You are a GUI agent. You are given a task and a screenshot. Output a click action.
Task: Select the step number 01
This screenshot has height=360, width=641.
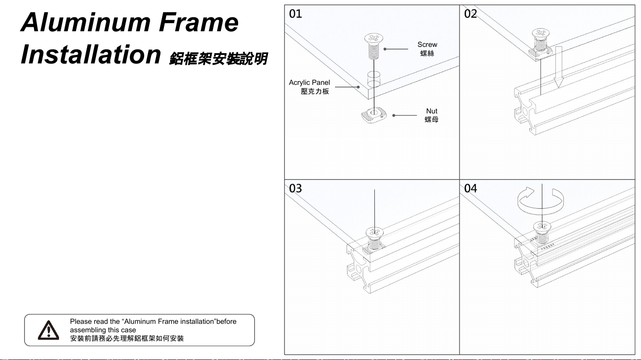tap(296, 14)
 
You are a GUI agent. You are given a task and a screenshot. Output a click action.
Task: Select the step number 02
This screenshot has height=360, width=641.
tap(471, 14)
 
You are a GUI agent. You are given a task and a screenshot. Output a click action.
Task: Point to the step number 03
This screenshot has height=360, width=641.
tap(296, 188)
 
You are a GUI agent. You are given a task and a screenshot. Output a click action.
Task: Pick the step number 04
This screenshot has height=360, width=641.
tap(471, 188)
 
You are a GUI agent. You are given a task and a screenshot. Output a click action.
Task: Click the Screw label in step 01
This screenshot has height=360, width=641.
tap(427, 45)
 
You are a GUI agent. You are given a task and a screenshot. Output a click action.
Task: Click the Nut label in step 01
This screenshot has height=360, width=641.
tap(432, 111)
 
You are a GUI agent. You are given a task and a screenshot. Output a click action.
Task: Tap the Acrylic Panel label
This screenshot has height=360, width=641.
tap(310, 83)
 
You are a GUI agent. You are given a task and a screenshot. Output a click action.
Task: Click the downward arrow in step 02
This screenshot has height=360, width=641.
tap(558, 67)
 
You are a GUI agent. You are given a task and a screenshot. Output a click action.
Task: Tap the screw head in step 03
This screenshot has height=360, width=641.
tap(374, 232)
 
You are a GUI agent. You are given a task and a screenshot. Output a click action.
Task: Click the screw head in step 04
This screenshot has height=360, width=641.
tap(541, 226)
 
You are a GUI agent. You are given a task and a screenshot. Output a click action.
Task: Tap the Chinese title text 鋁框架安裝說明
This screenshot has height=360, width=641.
tap(218, 59)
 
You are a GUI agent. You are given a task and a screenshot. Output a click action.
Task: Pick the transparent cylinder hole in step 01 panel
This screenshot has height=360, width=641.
tap(373, 79)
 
